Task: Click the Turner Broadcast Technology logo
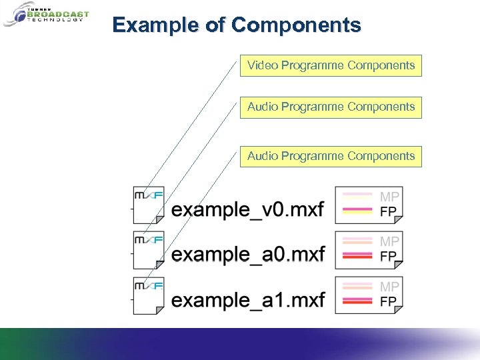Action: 46,15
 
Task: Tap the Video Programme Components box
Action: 331,65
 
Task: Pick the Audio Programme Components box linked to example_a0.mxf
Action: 331,107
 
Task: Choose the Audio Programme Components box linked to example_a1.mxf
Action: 331,156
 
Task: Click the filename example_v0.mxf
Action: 247,211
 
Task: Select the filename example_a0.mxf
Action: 247,255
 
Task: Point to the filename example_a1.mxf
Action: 247,300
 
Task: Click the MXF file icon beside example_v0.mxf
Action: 149,204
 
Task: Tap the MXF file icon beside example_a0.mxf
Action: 149,249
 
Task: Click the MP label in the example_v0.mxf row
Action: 389,197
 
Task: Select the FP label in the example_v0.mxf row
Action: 388,211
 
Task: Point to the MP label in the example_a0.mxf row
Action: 389,241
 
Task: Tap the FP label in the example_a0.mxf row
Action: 388,256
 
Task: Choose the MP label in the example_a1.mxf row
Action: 389,287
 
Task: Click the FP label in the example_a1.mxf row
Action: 388,301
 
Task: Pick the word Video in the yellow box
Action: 263,65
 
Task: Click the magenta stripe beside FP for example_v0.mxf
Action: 357,211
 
